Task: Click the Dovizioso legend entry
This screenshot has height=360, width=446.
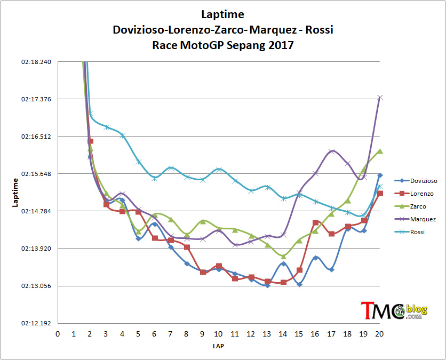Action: tap(416, 181)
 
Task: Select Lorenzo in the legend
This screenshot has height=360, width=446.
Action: tap(414, 194)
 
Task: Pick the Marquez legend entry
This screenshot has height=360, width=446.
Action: tap(415, 219)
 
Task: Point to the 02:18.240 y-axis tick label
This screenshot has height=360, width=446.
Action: tap(36, 62)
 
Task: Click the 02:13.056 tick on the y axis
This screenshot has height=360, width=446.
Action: tap(36, 286)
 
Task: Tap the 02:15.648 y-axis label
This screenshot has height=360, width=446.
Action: tap(36, 174)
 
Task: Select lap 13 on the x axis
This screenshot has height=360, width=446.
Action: tap(267, 334)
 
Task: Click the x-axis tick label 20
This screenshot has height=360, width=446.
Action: tap(379, 334)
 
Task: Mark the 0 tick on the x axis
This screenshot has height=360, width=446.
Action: tap(58, 334)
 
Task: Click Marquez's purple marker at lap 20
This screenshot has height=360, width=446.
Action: tap(380, 98)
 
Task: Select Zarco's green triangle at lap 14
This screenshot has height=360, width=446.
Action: tap(283, 257)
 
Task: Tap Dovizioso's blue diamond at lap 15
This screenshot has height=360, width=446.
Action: tap(299, 284)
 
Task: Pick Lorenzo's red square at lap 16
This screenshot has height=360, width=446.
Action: tap(315, 222)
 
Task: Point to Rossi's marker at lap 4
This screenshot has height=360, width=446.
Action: tap(122, 135)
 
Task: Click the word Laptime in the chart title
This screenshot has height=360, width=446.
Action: tap(222, 14)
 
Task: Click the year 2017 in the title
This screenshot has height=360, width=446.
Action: tap(280, 45)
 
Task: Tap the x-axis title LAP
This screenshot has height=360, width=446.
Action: tap(218, 346)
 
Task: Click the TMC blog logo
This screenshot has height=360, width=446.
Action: tap(394, 310)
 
